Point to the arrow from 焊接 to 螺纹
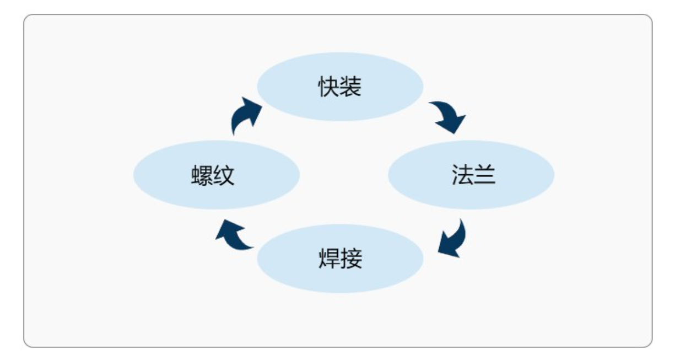[234, 234]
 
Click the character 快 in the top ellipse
[329, 87]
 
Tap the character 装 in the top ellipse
[351, 87]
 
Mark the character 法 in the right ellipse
[462, 175]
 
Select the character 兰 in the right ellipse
[484, 175]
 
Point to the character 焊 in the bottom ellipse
[329, 258]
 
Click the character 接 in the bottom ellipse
[352, 258]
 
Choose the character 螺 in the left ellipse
[202, 176]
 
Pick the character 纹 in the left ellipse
[224, 176]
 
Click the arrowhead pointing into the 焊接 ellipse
[447, 248]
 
